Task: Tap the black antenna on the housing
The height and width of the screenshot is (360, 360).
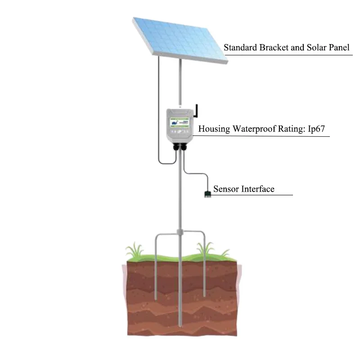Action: [196, 112]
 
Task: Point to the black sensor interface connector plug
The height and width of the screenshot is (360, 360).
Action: [207, 194]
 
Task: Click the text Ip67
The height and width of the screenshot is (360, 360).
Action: [320, 129]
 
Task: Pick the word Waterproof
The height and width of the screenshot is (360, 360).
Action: [254, 129]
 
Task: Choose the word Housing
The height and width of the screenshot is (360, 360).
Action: [214, 129]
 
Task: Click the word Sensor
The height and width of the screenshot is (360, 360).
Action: [226, 189]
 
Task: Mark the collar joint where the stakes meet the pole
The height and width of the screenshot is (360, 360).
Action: [180, 233]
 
